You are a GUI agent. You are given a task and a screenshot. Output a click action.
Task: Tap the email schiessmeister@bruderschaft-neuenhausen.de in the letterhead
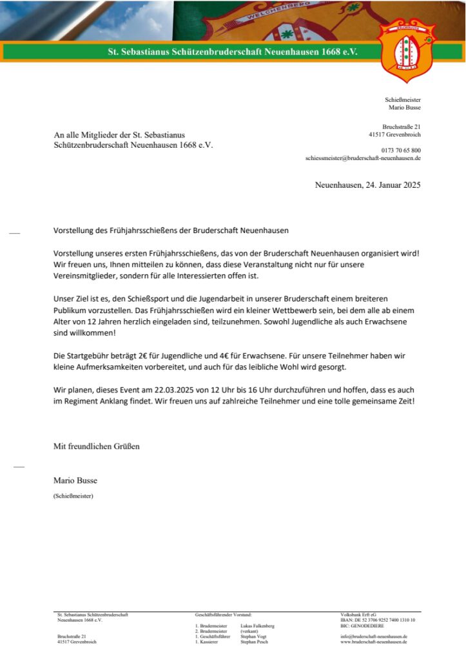pos(363,158)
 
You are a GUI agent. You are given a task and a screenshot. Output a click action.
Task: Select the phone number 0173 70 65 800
pos(401,150)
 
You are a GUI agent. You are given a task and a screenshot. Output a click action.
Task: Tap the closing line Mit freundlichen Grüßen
pos(96,446)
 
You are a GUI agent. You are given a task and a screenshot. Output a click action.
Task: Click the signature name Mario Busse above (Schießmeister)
pos(75,481)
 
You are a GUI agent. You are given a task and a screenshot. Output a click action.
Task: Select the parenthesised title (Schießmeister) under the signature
pos(73,496)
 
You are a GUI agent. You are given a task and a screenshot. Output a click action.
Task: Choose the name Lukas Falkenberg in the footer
pos(257,625)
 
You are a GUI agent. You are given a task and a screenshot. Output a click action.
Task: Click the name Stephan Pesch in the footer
pos(253,642)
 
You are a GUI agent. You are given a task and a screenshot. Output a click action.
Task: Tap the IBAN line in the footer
pos(378,620)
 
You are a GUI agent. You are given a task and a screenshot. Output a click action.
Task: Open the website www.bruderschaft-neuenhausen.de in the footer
pos(374,642)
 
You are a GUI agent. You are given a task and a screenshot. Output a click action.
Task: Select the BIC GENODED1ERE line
pos(363,625)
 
